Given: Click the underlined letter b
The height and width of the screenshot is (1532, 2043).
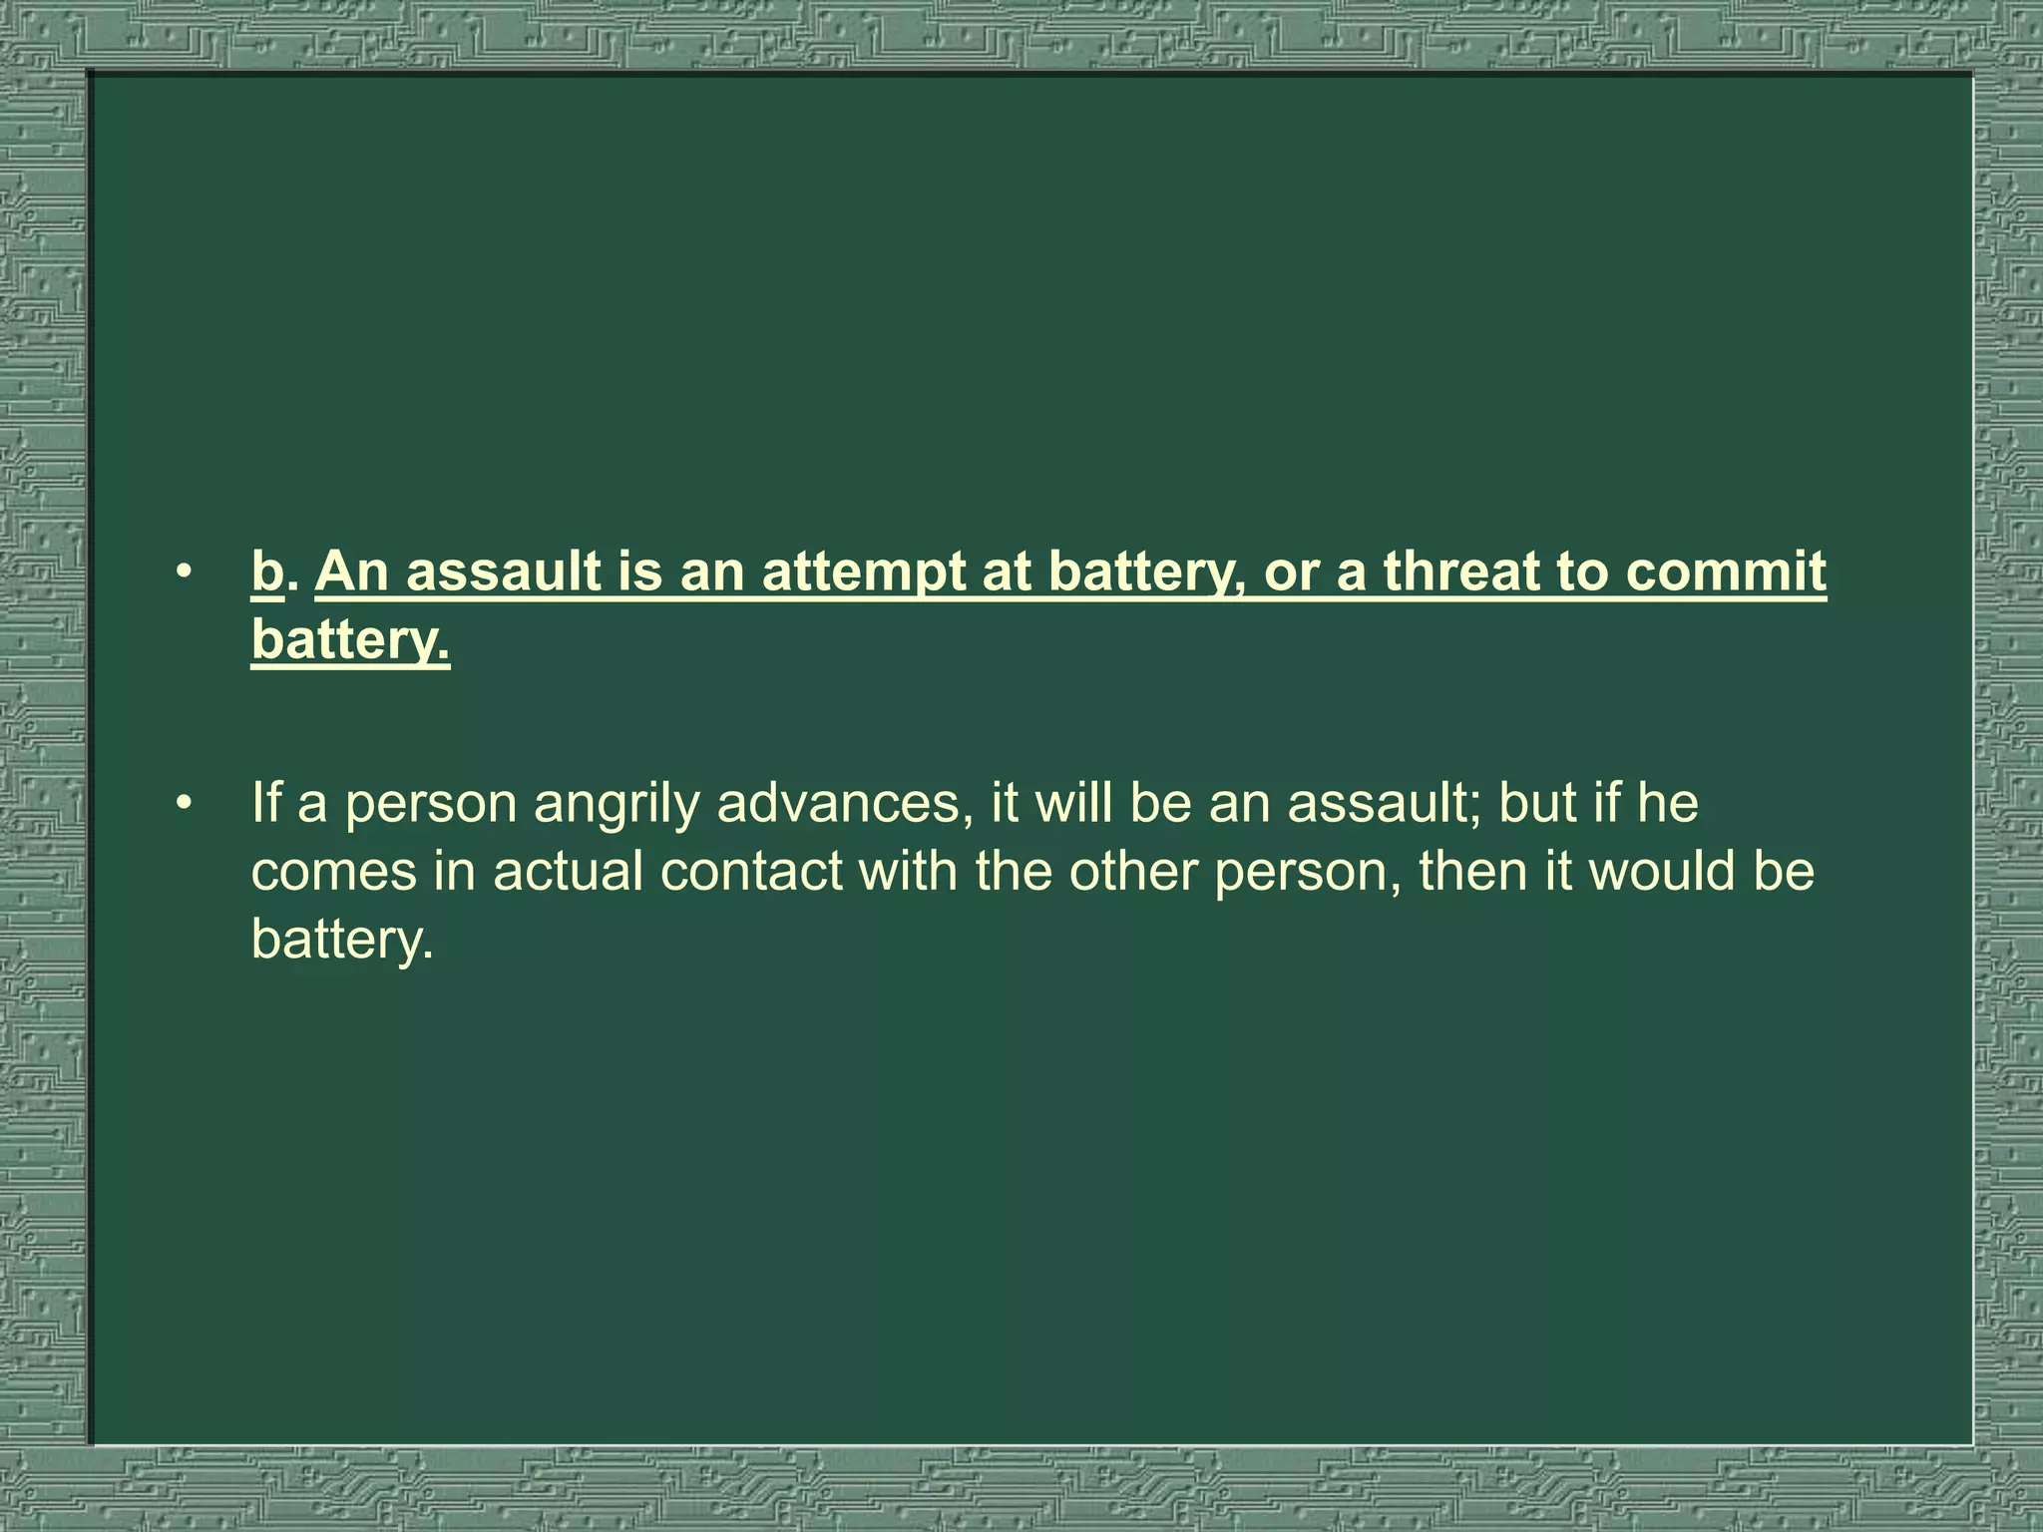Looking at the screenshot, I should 267,572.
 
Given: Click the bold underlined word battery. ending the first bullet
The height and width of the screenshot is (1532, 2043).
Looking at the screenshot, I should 350,639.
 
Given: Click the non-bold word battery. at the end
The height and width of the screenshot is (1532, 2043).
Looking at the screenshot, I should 343,939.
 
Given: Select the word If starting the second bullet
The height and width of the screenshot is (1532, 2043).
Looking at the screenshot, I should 266,803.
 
